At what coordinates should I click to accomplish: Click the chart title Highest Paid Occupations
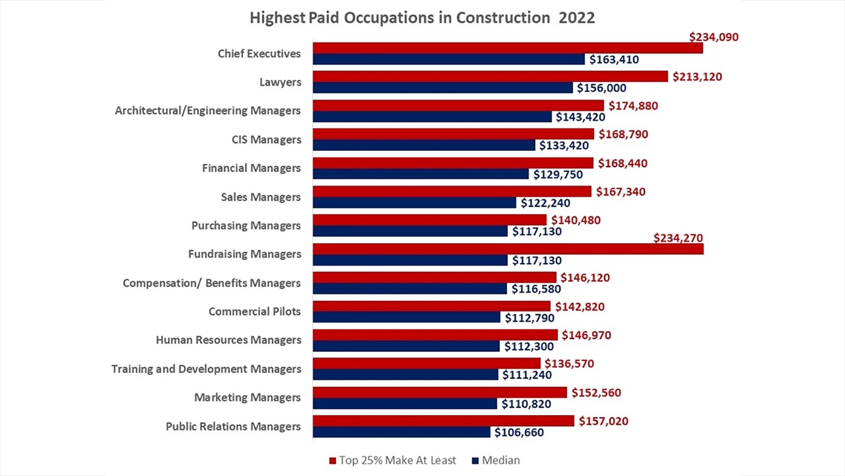point(422,18)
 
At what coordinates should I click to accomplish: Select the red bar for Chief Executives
point(508,48)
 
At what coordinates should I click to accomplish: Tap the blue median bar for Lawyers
point(443,88)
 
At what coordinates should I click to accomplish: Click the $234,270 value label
point(679,239)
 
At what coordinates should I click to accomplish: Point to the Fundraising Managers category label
point(245,254)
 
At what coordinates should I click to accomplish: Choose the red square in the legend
point(332,461)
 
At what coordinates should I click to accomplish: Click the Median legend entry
point(500,460)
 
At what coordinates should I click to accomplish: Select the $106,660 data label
point(519,432)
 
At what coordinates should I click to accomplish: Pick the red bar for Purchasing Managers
point(429,220)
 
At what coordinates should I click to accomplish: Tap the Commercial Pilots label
point(255,311)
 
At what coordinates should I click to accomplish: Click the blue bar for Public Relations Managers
point(402,432)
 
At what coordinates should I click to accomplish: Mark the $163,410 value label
point(614,60)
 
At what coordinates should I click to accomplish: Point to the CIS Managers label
point(267,140)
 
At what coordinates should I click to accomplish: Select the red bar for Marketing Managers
point(440,392)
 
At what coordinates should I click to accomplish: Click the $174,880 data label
point(633,106)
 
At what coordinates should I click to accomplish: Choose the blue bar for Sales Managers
point(415,203)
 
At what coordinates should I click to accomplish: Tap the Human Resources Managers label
point(229,340)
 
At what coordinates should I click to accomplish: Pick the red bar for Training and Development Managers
point(426,363)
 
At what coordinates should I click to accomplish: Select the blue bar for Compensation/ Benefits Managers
point(409,288)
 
